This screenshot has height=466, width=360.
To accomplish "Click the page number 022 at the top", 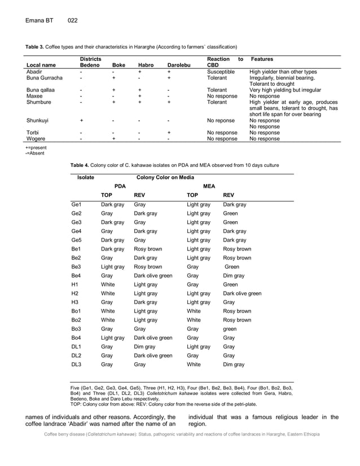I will click(72, 21).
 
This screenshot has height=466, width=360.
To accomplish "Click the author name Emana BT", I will click(39, 21).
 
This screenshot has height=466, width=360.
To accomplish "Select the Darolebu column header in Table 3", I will click(175, 65).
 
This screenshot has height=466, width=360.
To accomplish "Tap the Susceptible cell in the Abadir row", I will click(221, 72).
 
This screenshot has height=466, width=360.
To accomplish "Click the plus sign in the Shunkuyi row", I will click(81, 120).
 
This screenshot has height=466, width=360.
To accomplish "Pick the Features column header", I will click(262, 59).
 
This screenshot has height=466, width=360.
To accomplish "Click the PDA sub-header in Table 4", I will click(120, 186).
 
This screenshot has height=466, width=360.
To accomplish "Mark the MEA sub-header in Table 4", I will click(209, 186).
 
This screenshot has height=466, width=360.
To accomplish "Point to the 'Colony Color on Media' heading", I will click(165, 177).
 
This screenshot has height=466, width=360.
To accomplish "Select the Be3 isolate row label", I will click(76, 267).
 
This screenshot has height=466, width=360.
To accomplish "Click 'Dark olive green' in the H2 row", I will click(242, 293).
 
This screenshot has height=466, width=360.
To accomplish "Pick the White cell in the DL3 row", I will click(194, 365).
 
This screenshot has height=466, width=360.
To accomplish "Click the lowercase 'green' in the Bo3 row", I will click(230, 329).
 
